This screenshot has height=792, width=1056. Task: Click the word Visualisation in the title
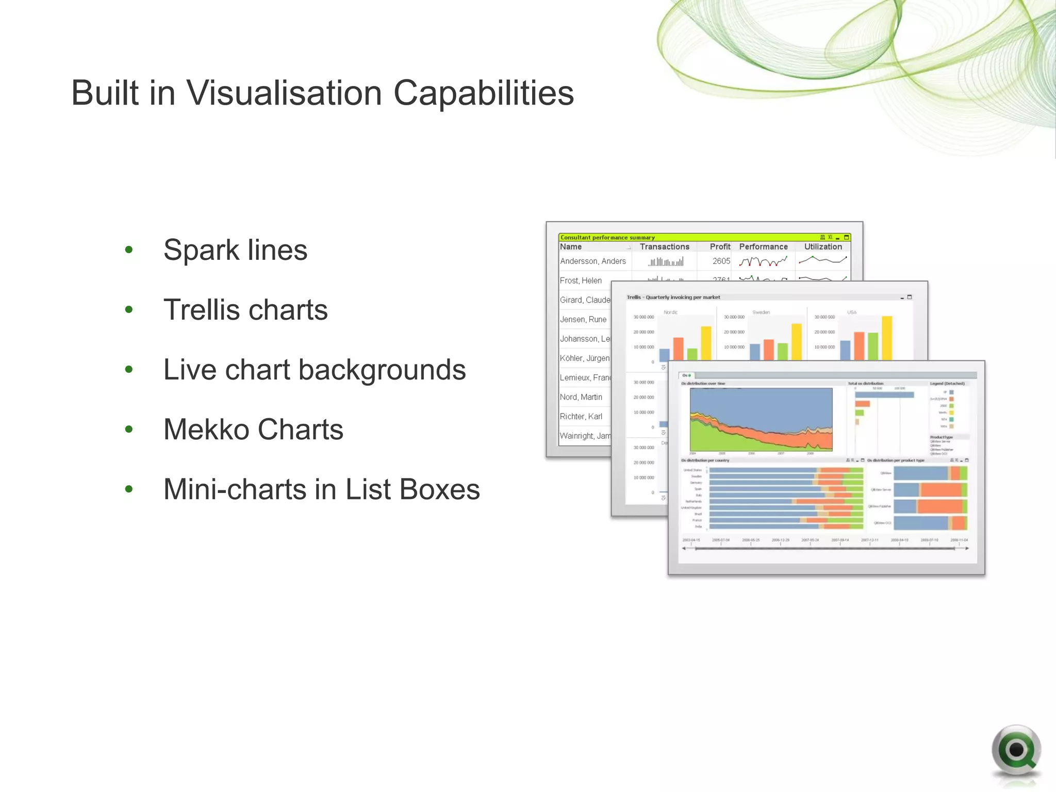pos(284,93)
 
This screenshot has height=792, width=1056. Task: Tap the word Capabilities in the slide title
pos(483,93)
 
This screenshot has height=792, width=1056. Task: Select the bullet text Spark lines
pos(235,250)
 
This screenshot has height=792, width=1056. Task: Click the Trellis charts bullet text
pos(245,310)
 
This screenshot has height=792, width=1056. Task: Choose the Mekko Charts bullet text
pos(253,430)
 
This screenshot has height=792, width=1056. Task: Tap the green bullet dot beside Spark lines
pos(129,250)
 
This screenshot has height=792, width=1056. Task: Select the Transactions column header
pos(664,247)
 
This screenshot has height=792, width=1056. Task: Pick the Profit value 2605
pos(721,261)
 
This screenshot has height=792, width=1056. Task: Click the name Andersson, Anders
pos(593,261)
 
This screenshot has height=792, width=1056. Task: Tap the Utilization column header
pos(823,247)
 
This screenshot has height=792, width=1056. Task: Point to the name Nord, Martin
pos(581,397)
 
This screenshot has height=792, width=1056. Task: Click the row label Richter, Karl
pos(581,417)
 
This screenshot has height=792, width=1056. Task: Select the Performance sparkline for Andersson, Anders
pos(763,262)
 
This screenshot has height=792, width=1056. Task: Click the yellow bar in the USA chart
pos(887,338)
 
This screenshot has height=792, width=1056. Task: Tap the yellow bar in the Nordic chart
pos(706,343)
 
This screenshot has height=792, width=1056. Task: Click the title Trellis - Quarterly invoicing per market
pos(673,298)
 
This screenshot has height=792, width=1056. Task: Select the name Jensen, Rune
pos(583,320)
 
